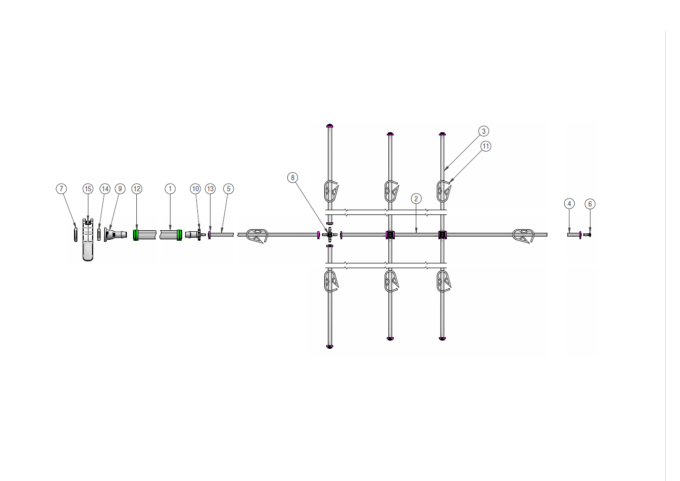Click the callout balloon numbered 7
click(62, 189)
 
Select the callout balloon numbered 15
click(88, 189)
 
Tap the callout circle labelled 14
click(105, 189)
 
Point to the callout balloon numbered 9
click(120, 189)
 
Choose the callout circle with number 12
click(137, 189)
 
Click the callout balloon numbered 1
click(169, 189)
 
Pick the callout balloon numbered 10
click(195, 189)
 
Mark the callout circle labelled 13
click(210, 189)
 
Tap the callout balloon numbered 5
click(228, 189)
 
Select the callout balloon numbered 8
click(293, 178)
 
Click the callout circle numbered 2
click(416, 199)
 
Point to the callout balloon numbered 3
click(484, 131)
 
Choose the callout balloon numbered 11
click(486, 146)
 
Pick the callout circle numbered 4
click(569, 203)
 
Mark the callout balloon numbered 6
click(589, 203)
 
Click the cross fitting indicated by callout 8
click(330, 234)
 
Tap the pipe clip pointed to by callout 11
click(445, 191)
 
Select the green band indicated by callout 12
click(136, 234)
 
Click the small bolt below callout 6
click(587, 234)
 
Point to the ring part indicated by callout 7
click(76, 234)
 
